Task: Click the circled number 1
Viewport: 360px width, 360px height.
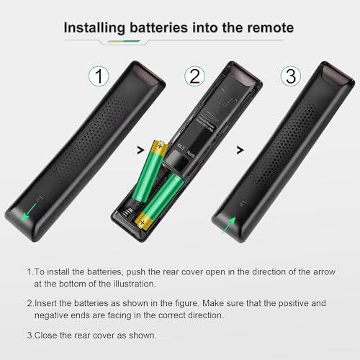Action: tap(99, 75)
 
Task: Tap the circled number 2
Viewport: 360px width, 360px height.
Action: tap(193, 76)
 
